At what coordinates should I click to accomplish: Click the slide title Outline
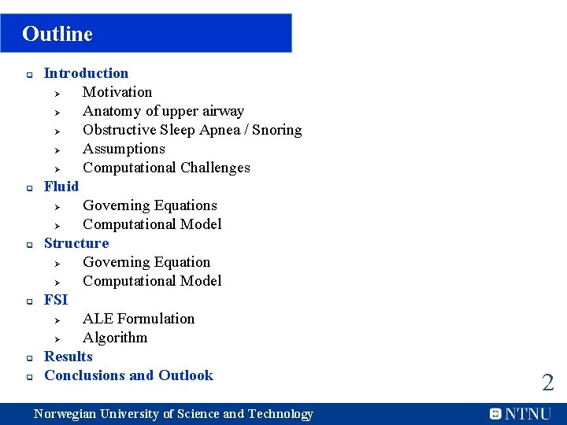click(57, 34)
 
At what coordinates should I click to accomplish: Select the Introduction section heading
click(86, 73)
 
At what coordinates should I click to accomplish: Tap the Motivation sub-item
click(117, 92)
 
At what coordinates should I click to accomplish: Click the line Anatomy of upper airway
click(163, 111)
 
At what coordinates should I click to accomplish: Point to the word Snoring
click(276, 130)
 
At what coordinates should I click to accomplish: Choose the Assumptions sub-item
click(124, 149)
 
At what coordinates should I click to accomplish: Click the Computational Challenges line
click(166, 168)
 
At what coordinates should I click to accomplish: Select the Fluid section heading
click(61, 187)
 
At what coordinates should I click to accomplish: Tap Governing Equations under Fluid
click(150, 205)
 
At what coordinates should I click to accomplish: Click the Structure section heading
click(76, 243)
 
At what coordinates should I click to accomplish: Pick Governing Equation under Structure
click(146, 262)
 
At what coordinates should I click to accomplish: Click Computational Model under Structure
click(152, 281)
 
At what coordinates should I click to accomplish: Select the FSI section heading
click(56, 300)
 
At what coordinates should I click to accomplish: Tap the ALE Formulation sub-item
click(139, 319)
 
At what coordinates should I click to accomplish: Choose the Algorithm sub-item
click(115, 338)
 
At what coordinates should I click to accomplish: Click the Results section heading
click(69, 357)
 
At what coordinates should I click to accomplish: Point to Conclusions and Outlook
click(128, 375)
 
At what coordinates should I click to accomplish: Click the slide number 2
click(547, 383)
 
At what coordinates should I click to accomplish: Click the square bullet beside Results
click(28, 358)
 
